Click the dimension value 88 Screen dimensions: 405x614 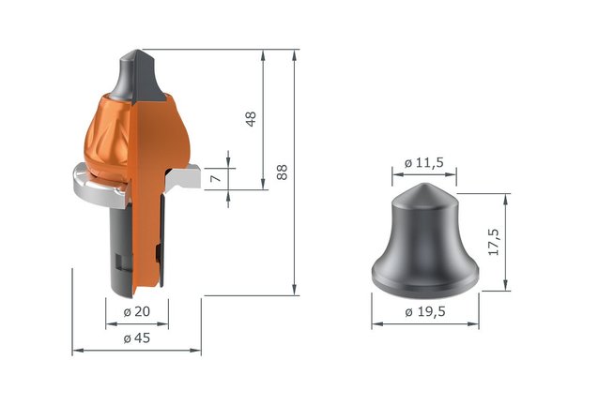click(x=282, y=172)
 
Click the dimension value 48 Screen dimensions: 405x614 click(x=252, y=119)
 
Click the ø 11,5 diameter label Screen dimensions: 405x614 click(x=422, y=162)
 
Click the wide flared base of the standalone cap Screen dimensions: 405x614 click(x=424, y=276)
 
